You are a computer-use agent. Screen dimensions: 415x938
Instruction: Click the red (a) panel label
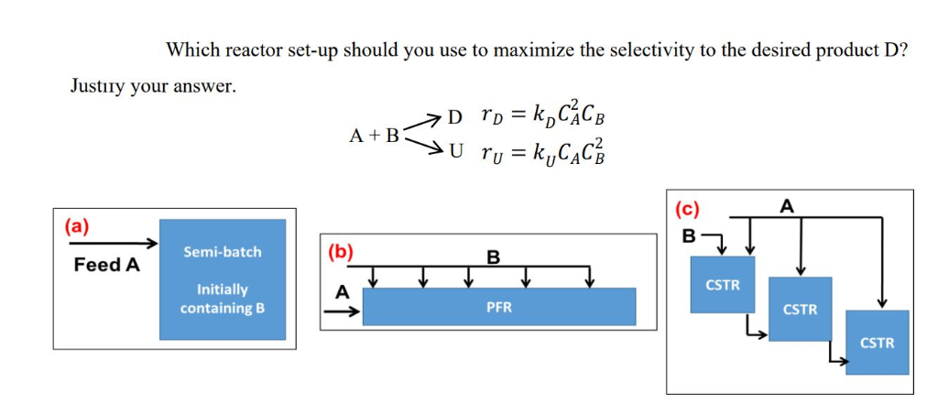(76, 226)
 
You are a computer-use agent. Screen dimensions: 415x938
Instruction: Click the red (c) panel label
(687, 207)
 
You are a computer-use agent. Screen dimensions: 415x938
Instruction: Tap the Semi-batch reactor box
(222, 278)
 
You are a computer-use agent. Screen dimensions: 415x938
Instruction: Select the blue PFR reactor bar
(498, 307)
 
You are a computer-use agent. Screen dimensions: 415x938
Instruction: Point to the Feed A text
(107, 265)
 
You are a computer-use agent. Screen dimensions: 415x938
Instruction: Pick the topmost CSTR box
(723, 285)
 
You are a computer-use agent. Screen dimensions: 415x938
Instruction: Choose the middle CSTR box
(800, 309)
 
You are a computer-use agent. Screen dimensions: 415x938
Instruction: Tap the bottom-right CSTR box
(877, 342)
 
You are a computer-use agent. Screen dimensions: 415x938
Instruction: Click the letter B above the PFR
(492, 257)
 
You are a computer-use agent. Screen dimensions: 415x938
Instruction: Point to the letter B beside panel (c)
(688, 236)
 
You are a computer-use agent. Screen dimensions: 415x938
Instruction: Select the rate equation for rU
(543, 153)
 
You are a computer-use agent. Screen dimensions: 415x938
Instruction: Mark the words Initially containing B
(222, 299)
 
